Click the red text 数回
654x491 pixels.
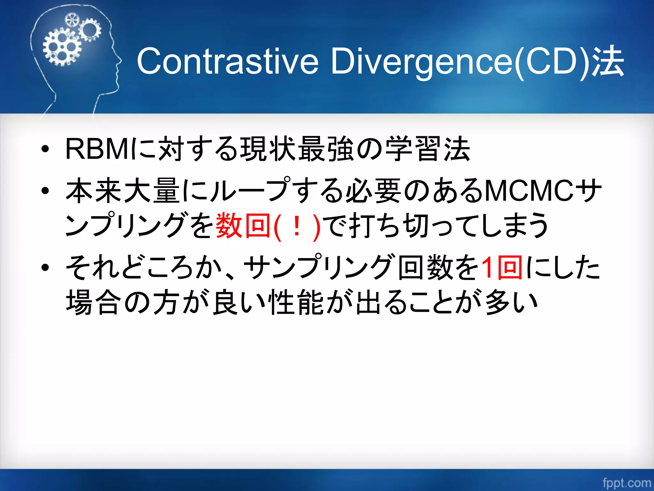[x=243, y=226]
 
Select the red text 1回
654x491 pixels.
[x=501, y=267]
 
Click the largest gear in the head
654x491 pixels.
[x=62, y=47]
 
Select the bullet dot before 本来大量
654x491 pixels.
[x=45, y=191]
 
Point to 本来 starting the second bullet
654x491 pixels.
[x=94, y=191]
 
